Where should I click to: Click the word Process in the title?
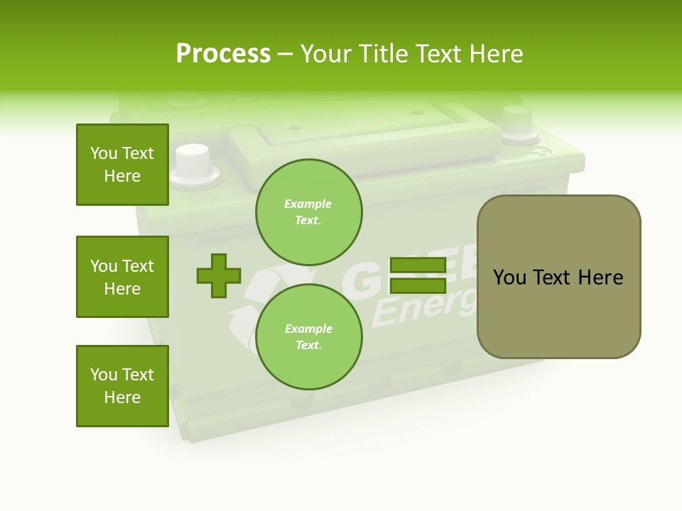[223, 54]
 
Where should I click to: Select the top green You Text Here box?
[122, 165]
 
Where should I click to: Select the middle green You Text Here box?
[122, 277]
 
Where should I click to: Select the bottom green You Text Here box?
[122, 386]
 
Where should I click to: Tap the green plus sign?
[219, 275]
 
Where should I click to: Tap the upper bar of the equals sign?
[418, 265]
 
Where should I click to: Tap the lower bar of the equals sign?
[418, 285]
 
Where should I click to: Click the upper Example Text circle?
[308, 212]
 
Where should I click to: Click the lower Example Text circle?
[308, 337]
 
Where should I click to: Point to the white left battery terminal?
[193, 162]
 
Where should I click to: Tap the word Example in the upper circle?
[308, 204]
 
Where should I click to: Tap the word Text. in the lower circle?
[308, 346]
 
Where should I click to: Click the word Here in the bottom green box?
[122, 397]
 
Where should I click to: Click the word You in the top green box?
[104, 153]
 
